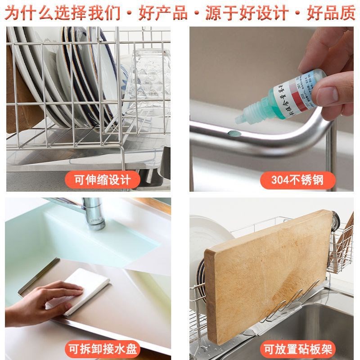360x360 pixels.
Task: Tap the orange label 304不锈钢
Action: point(297,180)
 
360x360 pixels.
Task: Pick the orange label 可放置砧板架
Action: point(297,349)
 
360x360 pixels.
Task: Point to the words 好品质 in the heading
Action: point(331,13)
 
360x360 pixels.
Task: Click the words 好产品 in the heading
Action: point(163,13)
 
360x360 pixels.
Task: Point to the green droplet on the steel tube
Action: point(233,133)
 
